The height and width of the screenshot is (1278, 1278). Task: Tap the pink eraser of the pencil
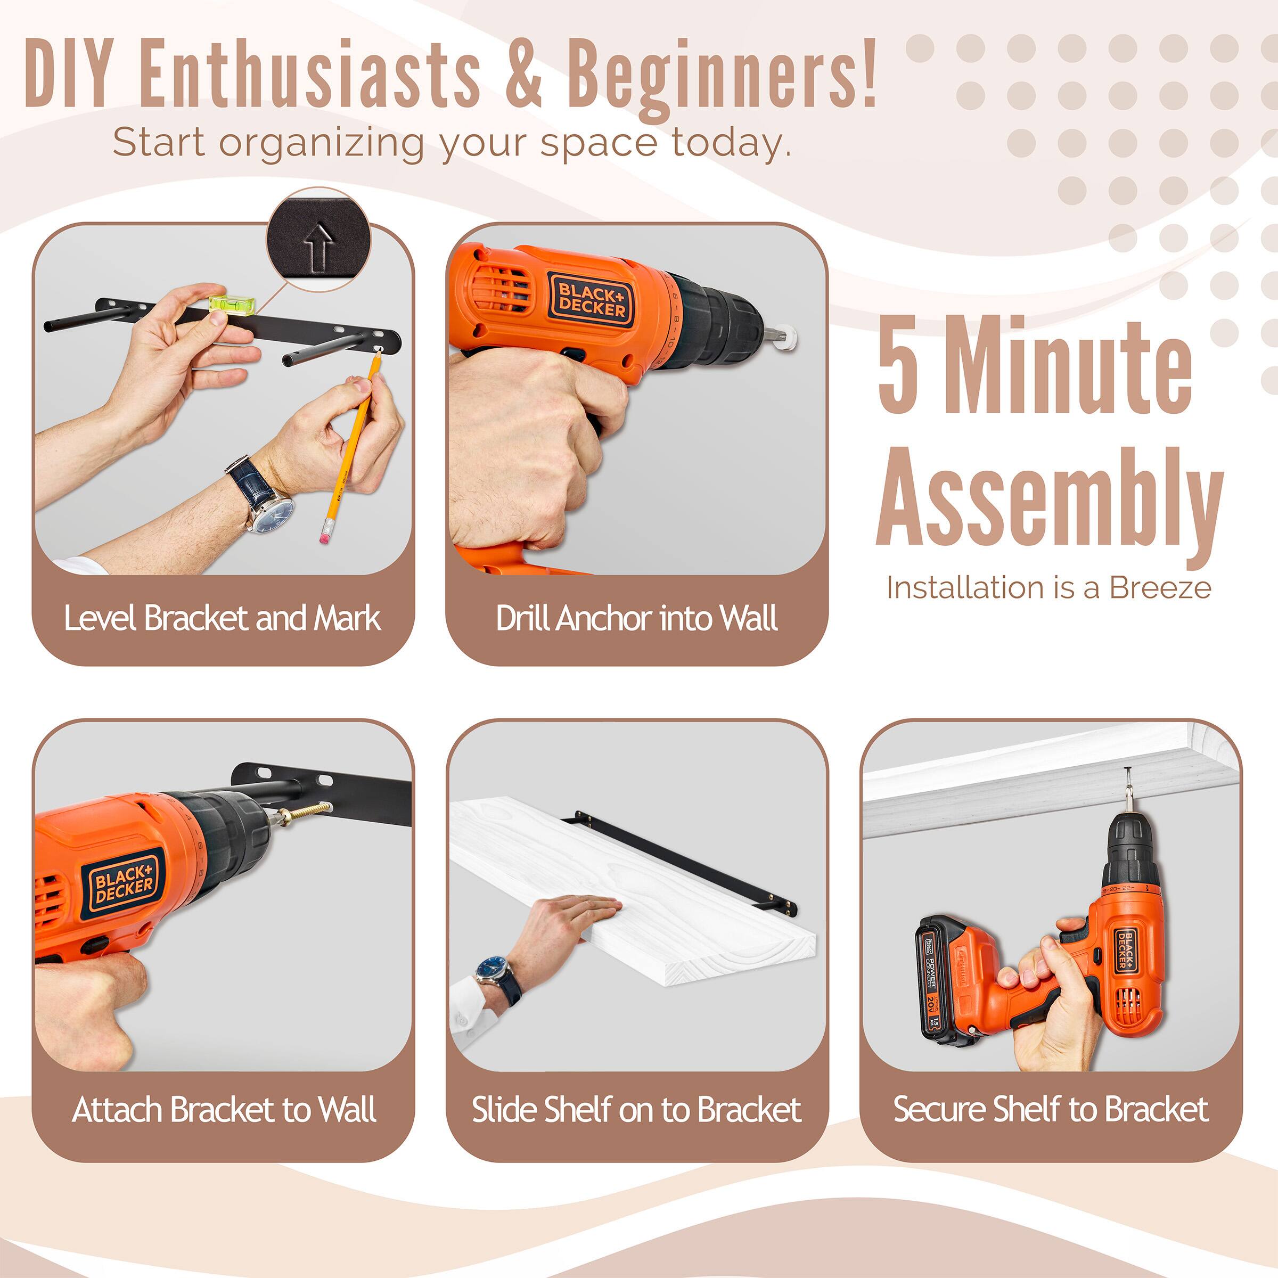(x=325, y=536)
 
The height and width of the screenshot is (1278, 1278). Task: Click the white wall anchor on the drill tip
(x=789, y=339)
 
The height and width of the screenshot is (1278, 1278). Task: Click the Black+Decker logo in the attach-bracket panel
(x=124, y=882)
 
